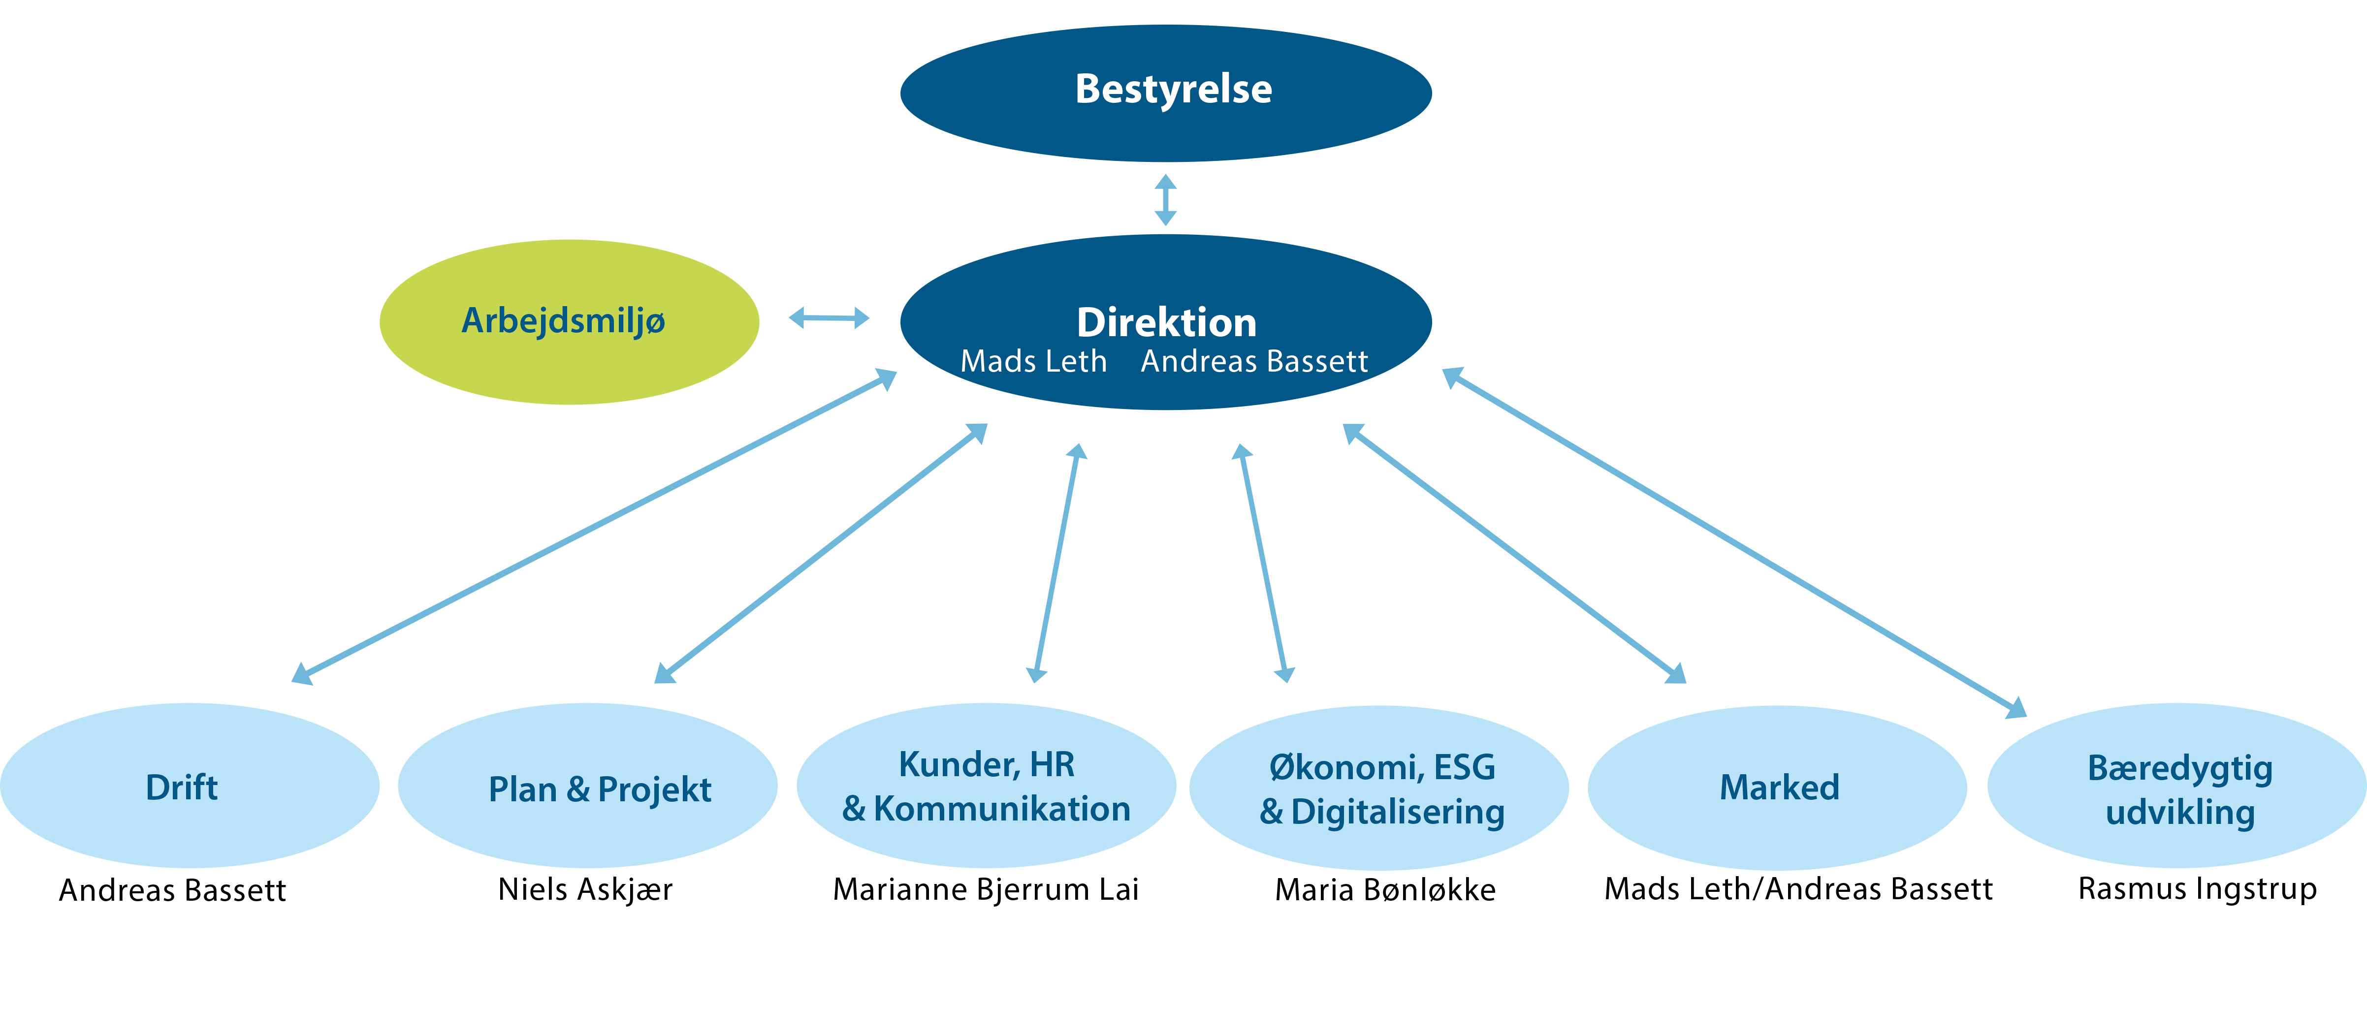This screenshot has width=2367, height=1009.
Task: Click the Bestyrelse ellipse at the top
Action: point(1165,93)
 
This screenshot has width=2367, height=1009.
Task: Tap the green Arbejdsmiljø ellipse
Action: point(570,321)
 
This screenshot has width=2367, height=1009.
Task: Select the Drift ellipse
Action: point(189,786)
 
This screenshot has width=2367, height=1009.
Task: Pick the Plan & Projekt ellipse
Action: point(588,786)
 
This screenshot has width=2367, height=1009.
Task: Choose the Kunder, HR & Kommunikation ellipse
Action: point(986,786)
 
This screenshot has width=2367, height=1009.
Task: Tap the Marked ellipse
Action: point(1777,788)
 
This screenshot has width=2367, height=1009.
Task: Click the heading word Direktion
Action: point(1166,322)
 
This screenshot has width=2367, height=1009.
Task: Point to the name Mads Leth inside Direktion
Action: point(1034,361)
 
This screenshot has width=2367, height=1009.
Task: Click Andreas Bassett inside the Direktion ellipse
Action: point(1254,361)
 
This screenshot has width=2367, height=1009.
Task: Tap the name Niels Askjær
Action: point(585,889)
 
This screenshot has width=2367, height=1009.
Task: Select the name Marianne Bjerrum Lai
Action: point(986,889)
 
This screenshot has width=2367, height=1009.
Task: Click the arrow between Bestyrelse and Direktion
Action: point(1165,199)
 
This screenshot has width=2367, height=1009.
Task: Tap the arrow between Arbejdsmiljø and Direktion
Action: point(829,318)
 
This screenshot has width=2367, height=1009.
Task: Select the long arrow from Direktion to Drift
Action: point(594,527)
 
